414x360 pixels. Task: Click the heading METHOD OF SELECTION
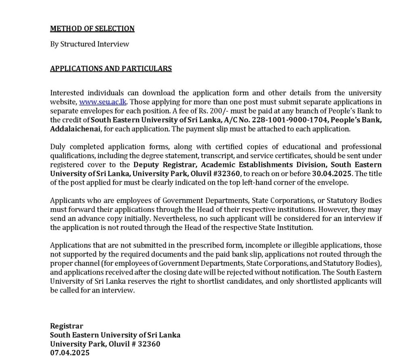92,29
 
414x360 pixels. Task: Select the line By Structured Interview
89,44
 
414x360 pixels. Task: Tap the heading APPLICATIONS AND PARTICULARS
111,68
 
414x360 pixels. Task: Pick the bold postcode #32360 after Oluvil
229,174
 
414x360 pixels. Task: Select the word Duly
57,146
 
